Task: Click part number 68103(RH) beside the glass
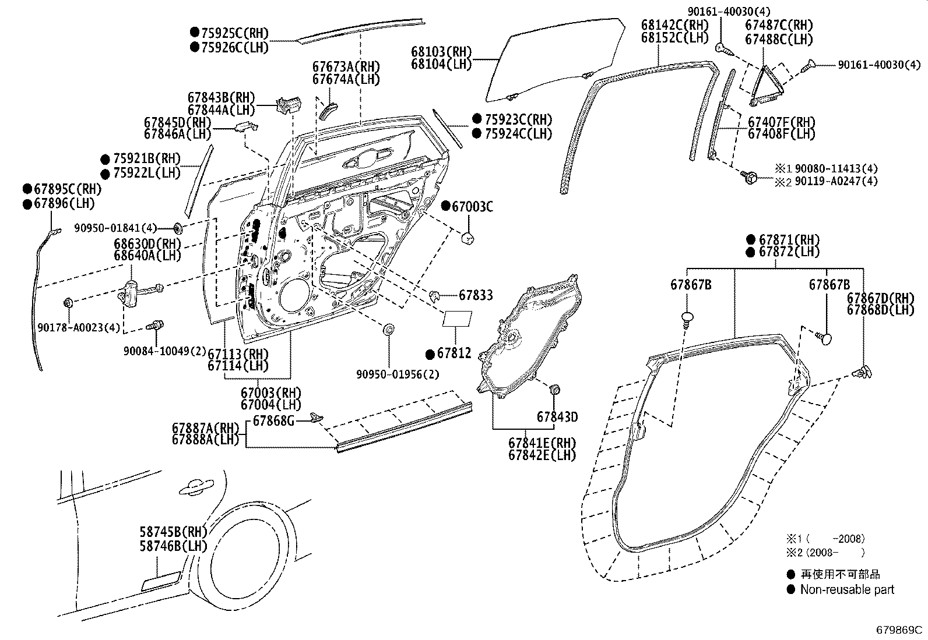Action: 441,52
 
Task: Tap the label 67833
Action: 476,295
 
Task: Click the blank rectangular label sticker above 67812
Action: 458,318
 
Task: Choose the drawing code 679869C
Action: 900,630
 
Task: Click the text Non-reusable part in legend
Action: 846,589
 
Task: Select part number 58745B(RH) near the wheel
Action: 173,532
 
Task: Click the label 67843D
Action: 557,417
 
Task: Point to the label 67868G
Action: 273,420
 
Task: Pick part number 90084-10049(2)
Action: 165,351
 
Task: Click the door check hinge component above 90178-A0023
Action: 132,291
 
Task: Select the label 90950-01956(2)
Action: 398,374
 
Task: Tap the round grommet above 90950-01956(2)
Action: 388,330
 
